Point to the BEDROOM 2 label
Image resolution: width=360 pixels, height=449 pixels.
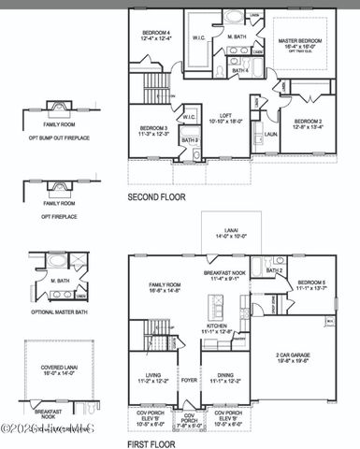tap(308, 122)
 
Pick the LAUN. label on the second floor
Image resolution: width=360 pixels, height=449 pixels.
tap(269, 134)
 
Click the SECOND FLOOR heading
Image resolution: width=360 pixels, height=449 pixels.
tap(156, 197)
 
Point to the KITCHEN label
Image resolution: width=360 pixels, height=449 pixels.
tap(218, 327)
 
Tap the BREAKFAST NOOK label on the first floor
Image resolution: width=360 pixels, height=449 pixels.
tap(224, 272)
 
